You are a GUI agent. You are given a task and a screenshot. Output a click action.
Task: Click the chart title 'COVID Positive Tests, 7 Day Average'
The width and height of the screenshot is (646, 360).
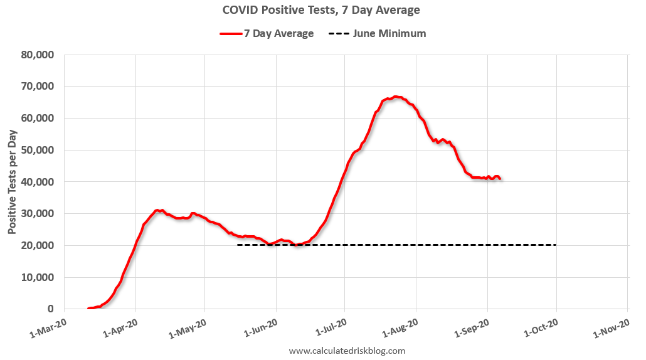pyautogui.click(x=321, y=10)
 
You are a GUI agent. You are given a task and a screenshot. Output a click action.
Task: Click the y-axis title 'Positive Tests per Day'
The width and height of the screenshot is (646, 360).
pyautogui.click(x=13, y=181)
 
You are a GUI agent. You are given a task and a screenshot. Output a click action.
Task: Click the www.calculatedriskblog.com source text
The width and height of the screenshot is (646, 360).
pyautogui.click(x=347, y=351)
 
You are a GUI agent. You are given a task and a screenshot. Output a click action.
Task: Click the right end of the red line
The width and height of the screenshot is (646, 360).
pyautogui.click(x=500, y=179)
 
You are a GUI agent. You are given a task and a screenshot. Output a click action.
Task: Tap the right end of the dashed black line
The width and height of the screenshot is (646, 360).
pyautogui.click(x=556, y=245)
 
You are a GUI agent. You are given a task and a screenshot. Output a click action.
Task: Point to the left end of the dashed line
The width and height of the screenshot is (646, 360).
pyautogui.click(x=238, y=245)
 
